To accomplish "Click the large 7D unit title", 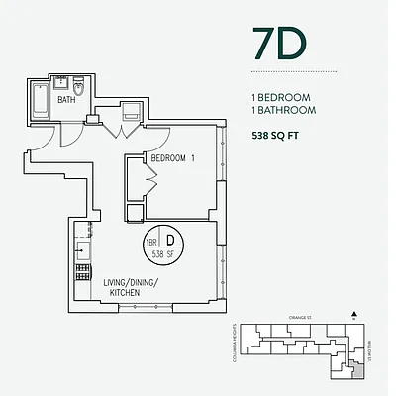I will tap(280, 46).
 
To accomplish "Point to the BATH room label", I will tap(67, 100).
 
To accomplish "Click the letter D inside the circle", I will tap(170, 241).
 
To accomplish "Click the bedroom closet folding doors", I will tap(148, 182).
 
